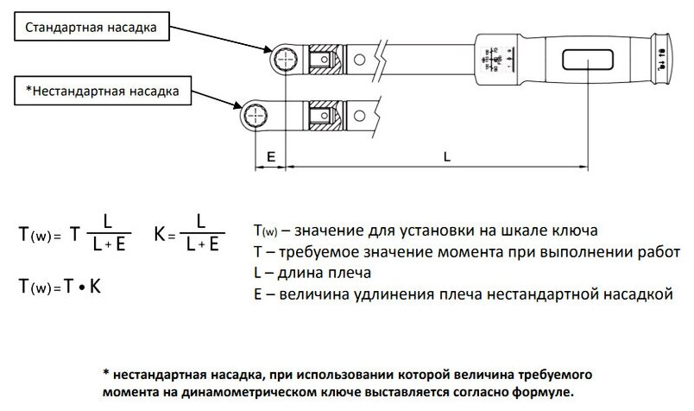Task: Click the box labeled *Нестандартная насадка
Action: (x=98, y=89)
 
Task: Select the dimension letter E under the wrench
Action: (x=270, y=158)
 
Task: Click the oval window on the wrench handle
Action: (x=589, y=60)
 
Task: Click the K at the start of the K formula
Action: (x=161, y=234)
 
